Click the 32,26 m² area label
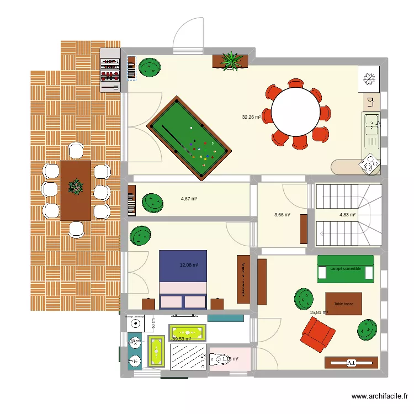(251, 117)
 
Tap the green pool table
(188, 138)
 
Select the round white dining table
(296, 114)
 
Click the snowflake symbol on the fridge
(368, 79)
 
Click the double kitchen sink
(370, 130)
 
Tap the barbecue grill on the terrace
(110, 70)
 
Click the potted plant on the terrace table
(75, 188)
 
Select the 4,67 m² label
(189, 199)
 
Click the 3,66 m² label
(282, 215)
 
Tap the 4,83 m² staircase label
(347, 215)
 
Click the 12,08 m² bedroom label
(189, 266)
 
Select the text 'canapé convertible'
(346, 269)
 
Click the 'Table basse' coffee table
(343, 304)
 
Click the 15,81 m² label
(319, 312)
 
